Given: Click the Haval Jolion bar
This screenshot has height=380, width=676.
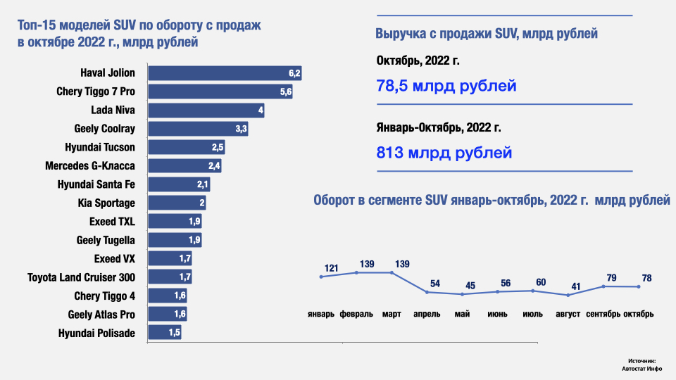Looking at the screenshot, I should (224, 73).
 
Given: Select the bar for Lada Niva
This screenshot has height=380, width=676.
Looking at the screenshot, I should (206, 110).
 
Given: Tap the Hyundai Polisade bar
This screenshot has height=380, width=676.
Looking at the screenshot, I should (164, 333).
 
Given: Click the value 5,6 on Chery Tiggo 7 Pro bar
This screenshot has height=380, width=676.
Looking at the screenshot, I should (286, 91).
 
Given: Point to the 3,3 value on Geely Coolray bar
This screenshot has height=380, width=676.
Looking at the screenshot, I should (240, 129).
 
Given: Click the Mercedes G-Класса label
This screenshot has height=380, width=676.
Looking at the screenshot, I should (89, 166).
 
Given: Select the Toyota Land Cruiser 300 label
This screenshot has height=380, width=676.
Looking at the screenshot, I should (81, 277).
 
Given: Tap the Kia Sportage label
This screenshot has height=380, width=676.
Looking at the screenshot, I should (106, 203).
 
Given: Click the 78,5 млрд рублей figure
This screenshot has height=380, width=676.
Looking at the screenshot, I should (446, 87).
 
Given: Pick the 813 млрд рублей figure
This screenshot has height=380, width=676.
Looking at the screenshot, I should (444, 153).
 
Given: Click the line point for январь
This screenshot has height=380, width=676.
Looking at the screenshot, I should (321, 277).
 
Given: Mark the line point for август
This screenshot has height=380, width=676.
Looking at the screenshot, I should (568, 295).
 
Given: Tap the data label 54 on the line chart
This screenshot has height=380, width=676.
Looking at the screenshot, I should (434, 283).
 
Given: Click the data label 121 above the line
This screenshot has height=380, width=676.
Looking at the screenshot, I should (332, 268).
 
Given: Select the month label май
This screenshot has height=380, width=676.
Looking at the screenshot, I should (463, 314).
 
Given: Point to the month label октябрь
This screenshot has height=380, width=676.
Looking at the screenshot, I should (639, 314).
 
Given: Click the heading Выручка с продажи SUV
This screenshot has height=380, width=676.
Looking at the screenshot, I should (487, 33).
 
